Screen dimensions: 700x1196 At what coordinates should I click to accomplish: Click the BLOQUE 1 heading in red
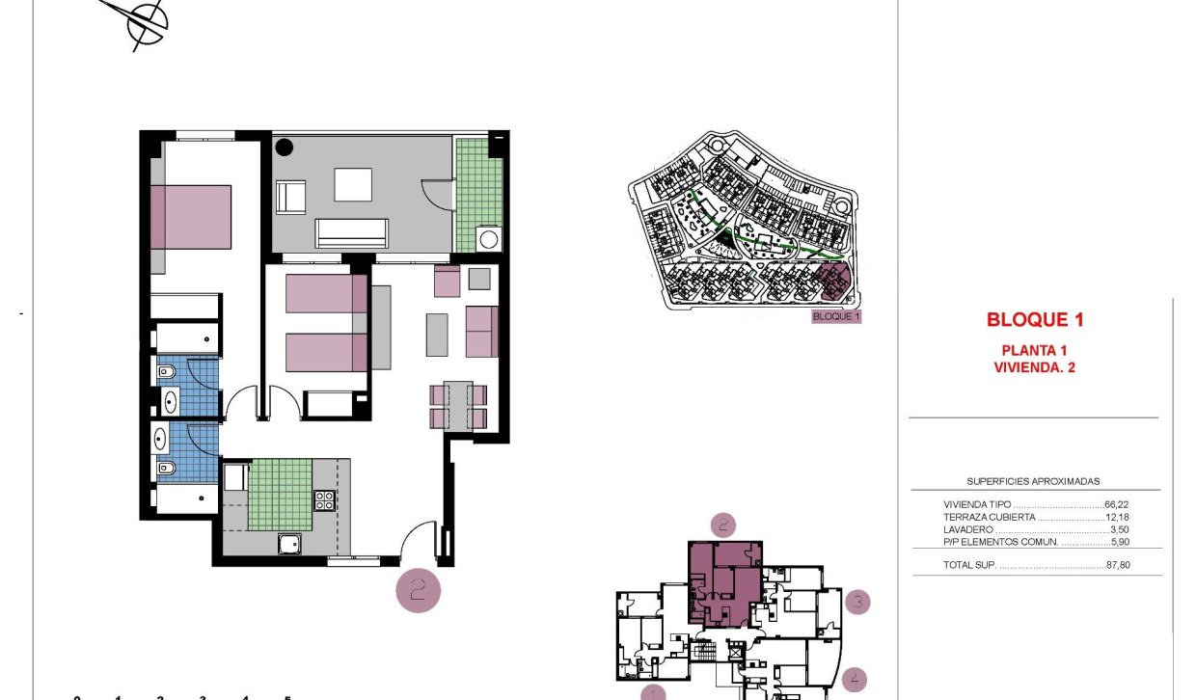pyautogui.click(x=1028, y=320)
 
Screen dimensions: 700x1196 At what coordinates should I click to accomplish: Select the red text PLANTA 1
pyautogui.click(x=1028, y=350)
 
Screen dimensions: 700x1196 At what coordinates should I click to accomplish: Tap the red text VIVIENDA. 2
pyautogui.click(x=1028, y=366)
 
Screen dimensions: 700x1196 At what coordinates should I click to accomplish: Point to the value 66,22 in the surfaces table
pyautogui.click(x=1118, y=504)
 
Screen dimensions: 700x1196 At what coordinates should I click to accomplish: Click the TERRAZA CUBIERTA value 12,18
pyautogui.click(x=1118, y=517)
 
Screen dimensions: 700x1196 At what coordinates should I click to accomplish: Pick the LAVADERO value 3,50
pyautogui.click(x=1120, y=529)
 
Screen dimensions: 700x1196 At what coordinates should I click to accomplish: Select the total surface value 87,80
pyautogui.click(x=1118, y=565)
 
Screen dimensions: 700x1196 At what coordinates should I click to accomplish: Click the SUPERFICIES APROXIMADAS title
pyautogui.click(x=1033, y=481)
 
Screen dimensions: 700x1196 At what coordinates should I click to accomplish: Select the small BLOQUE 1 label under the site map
pyautogui.click(x=835, y=316)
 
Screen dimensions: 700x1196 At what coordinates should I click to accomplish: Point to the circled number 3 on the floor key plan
pyautogui.click(x=857, y=604)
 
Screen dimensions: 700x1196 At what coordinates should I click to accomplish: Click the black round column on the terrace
pyautogui.click(x=285, y=148)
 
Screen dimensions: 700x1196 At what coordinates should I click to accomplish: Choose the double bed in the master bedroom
pyautogui.click(x=191, y=216)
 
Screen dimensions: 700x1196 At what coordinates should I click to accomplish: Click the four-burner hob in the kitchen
pyautogui.click(x=324, y=499)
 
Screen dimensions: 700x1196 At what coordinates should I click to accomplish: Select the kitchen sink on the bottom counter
pyautogui.click(x=289, y=545)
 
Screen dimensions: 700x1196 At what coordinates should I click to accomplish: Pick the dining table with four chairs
pyautogui.click(x=459, y=406)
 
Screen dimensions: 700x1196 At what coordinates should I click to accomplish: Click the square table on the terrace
pyautogui.click(x=353, y=184)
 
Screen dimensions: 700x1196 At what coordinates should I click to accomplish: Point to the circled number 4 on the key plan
pyautogui.click(x=854, y=680)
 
